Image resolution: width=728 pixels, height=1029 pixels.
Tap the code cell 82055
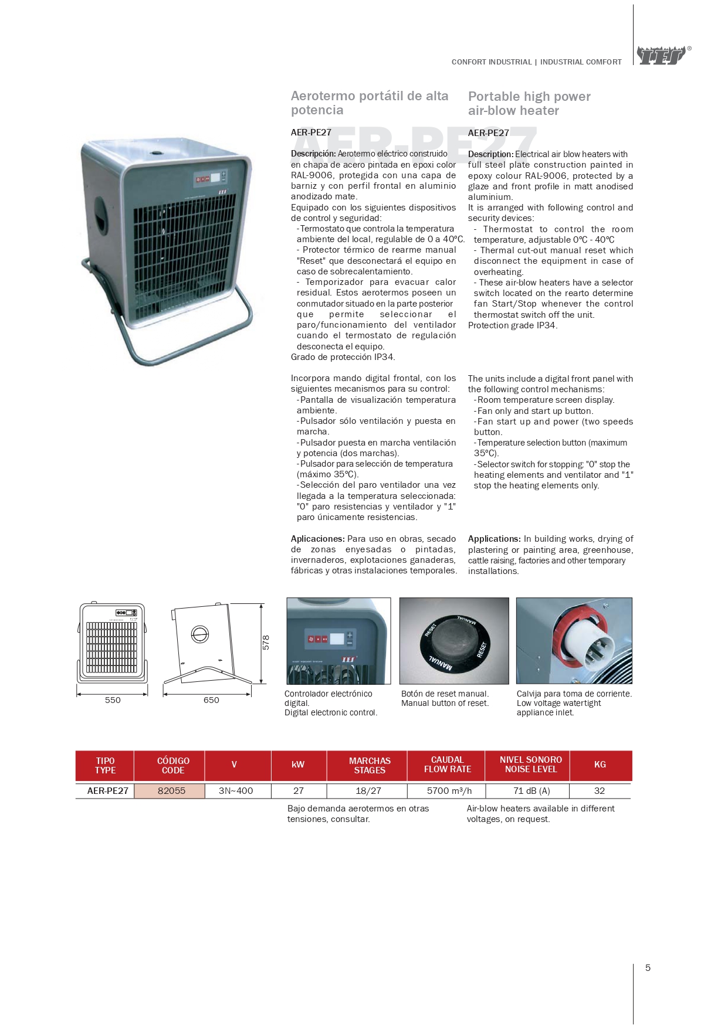tap(171, 790)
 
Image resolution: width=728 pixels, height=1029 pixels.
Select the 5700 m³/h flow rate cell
tap(449, 790)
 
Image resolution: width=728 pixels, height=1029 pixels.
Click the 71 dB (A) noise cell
tap(531, 790)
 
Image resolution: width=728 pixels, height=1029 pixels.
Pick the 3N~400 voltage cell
tap(236, 790)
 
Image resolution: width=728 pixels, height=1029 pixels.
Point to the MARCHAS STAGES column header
tap(369, 765)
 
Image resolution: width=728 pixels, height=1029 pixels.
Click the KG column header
tap(600, 765)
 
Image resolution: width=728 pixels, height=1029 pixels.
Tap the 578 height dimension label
tap(266, 642)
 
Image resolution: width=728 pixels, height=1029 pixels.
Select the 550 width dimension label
tap(113, 700)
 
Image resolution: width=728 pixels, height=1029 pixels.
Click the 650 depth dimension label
tap(211, 700)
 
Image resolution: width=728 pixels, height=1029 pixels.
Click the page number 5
tap(648, 967)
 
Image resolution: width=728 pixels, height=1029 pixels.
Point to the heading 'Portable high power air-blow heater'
tap(529, 103)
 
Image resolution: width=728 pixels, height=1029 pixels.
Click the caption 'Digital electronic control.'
tap(331, 712)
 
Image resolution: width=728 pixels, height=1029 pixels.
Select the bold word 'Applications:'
tap(494, 539)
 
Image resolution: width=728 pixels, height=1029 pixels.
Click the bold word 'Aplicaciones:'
tap(317, 539)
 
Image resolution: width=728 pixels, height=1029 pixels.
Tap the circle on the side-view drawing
tap(200, 634)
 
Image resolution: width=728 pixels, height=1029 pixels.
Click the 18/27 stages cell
tap(368, 790)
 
